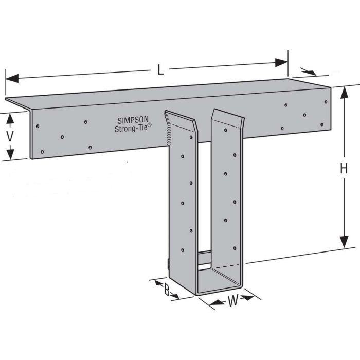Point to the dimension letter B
click(x=167, y=290)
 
